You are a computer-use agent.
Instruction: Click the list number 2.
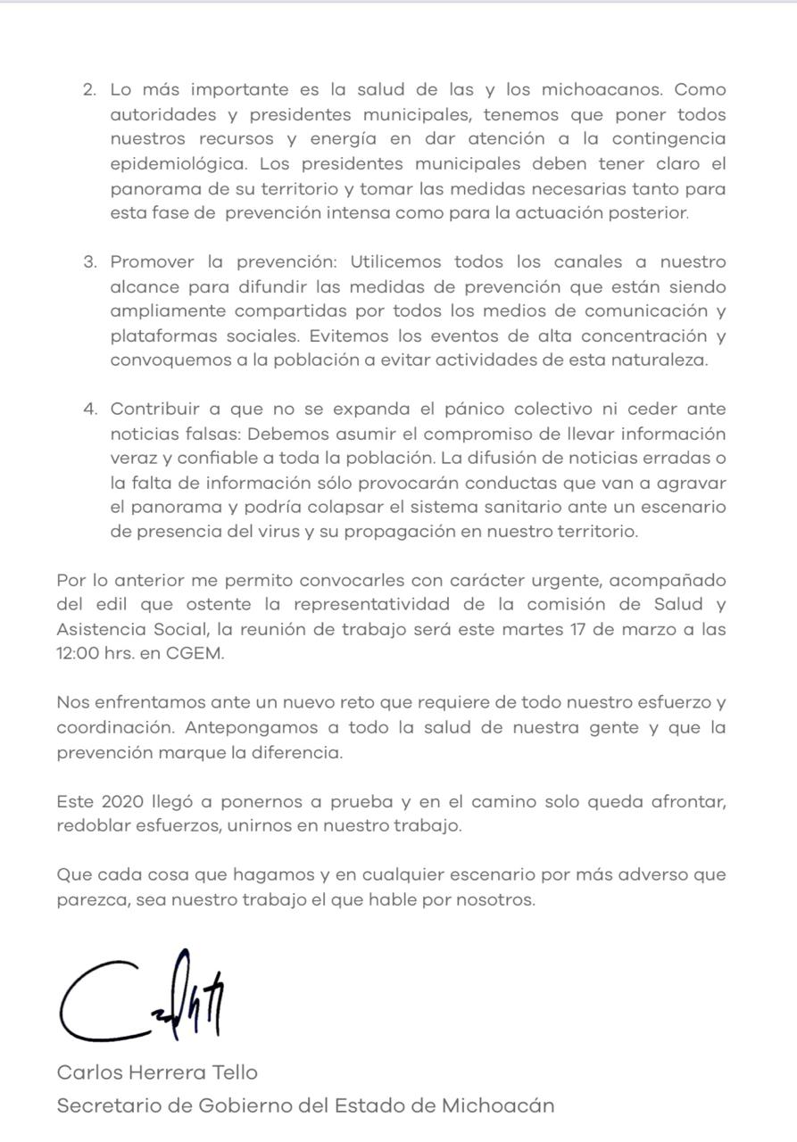click(88, 91)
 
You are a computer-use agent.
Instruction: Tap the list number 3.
click(89, 262)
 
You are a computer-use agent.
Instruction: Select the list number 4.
click(89, 410)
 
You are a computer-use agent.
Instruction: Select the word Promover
click(153, 262)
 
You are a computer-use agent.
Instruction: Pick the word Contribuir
click(154, 410)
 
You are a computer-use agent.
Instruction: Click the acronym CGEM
click(195, 654)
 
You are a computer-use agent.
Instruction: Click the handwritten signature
click(143, 998)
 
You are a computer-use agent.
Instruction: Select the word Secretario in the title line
click(108, 1106)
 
